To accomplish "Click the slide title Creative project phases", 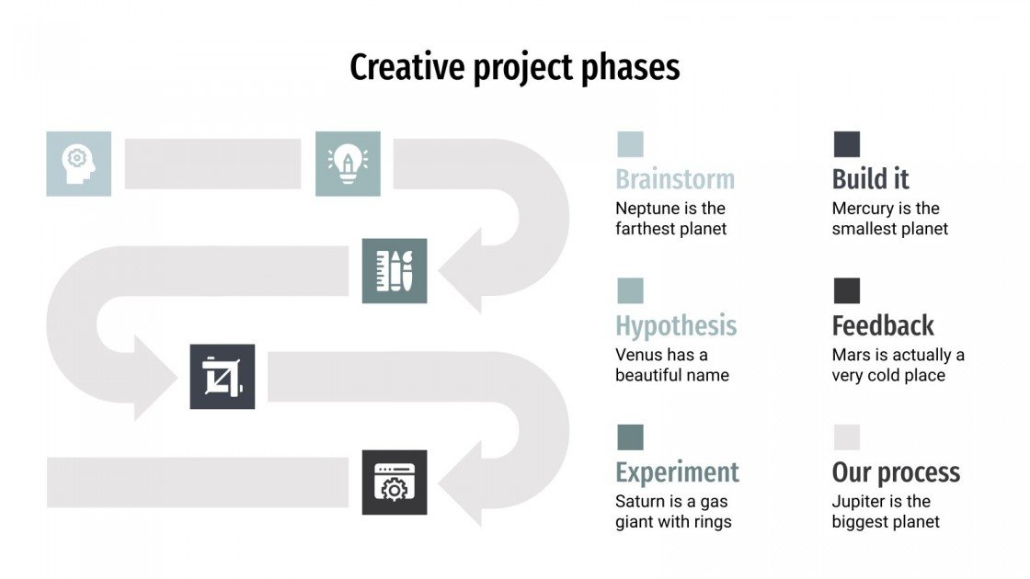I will coord(515,68).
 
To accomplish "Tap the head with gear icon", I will coord(78,164).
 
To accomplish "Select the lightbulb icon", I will coord(348,164).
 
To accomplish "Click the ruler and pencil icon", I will coord(395,270).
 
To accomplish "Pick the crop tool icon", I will coord(222,377).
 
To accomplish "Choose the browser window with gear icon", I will coord(395,482).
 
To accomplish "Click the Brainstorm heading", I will coord(674,179).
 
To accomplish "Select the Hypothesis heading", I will coord(676,325).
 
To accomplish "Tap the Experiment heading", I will coord(677,472).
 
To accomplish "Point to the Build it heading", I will coord(870,179).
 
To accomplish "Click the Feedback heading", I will coord(882,325).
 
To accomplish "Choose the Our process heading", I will coord(896,472).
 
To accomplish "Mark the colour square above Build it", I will coord(846,144).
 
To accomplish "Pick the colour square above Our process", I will coord(846,437).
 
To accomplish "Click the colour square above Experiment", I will coord(630,437).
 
